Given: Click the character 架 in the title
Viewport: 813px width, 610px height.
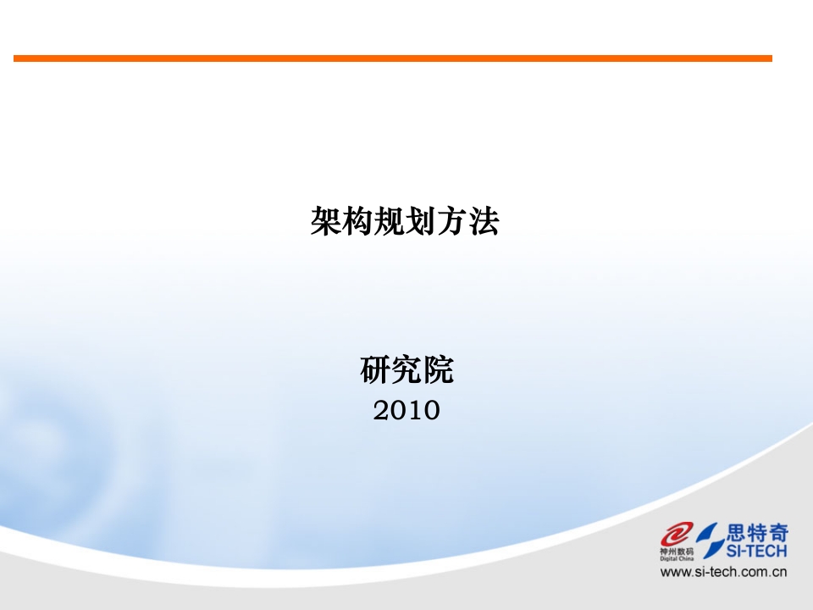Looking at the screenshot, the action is [325, 221].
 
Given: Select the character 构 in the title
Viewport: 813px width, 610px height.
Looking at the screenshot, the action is [357, 221].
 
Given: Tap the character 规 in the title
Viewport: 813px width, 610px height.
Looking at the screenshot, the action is [389, 221].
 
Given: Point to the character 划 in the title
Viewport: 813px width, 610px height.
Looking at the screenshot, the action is [421, 221].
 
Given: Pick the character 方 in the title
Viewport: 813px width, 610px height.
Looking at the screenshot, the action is [452, 221].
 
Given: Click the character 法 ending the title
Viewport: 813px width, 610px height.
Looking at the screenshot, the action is [484, 221].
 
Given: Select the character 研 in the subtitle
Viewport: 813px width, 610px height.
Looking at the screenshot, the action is [375, 370].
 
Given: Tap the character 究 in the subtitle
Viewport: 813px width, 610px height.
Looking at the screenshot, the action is [406, 370].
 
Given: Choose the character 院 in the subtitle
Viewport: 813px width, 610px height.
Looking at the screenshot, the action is [438, 370].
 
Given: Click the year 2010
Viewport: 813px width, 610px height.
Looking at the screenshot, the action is [406, 411].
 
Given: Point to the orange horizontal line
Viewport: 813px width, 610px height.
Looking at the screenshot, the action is [392, 58].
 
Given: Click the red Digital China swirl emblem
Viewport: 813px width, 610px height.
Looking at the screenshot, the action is [676, 535].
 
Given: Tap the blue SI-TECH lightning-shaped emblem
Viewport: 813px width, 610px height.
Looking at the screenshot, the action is [711, 540].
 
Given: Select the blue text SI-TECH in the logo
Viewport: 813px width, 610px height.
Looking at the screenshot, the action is [756, 551].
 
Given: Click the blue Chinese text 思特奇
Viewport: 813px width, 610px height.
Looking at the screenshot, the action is [757, 532].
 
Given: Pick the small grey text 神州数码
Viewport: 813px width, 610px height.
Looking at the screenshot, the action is [677, 552].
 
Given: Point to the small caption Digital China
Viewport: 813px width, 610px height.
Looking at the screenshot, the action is [677, 558].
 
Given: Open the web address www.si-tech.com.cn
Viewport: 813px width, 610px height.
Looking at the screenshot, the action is [723, 572].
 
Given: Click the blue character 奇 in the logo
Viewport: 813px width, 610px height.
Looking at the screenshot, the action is [778, 532].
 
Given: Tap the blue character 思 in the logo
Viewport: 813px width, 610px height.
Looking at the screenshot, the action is [736, 532].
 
